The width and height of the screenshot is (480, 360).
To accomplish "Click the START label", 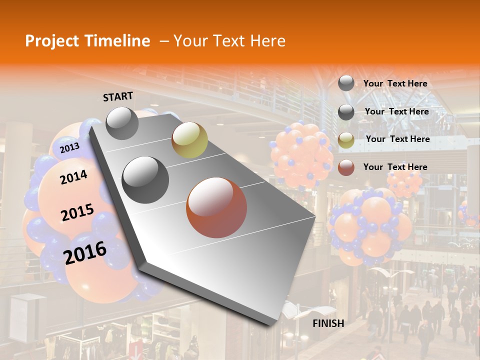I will pos(118,96).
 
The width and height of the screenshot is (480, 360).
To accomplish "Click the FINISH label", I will pos(328,323).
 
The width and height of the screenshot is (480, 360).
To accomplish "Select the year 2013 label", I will pos(69,147).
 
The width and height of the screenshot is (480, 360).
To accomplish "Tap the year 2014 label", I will pos(73,177).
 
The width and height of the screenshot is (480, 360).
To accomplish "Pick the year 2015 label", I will pos(77,212).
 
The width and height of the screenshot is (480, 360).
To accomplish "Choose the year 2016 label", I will pos(85,252).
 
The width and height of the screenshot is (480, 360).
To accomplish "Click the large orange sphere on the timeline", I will pos(216,207).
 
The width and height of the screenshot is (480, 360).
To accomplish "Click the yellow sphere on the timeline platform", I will pos(189,140).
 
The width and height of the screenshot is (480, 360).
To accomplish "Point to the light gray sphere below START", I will pos(122,123).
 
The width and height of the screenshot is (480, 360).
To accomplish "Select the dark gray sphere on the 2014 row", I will pos(145,180).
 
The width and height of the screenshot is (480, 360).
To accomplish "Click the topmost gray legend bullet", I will pos(346,83).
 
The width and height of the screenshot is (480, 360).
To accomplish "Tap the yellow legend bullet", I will pos(346,140).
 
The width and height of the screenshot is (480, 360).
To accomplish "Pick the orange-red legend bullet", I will pos(346,167).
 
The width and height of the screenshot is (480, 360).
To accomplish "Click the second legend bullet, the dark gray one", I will pos(346,112).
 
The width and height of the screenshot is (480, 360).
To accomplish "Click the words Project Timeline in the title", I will pos(87,41).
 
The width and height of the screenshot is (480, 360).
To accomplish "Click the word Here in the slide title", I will pos(267,41).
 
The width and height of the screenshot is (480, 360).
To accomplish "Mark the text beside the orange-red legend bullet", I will pos(395,167).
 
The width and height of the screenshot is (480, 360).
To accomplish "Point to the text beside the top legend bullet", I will pos(395,83).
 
